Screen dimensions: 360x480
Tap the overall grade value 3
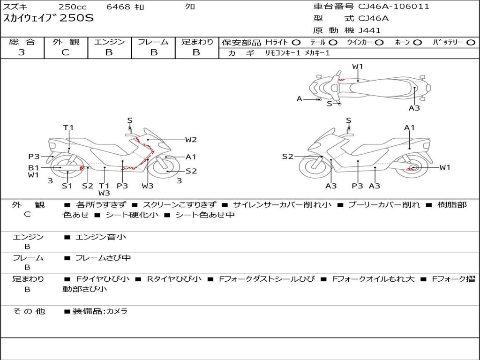point(22,52)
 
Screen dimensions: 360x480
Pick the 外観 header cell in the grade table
point(66,42)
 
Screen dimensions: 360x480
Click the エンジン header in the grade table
point(109,42)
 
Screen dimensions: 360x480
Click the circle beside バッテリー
point(471,42)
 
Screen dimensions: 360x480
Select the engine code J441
point(369,30)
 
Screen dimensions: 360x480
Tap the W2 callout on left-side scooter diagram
point(191,139)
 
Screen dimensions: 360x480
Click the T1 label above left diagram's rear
point(68,127)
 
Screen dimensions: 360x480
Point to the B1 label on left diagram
point(33,167)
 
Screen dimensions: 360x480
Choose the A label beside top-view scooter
point(299,99)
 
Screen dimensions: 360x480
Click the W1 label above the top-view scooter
point(358,67)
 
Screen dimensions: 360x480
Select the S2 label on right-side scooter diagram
point(287,157)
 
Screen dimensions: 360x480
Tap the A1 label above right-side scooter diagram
point(409,127)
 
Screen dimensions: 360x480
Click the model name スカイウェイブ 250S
point(49,18)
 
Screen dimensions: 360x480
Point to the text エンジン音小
point(101,237)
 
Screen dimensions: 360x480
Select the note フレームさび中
point(103,258)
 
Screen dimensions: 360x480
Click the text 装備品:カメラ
point(100,311)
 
